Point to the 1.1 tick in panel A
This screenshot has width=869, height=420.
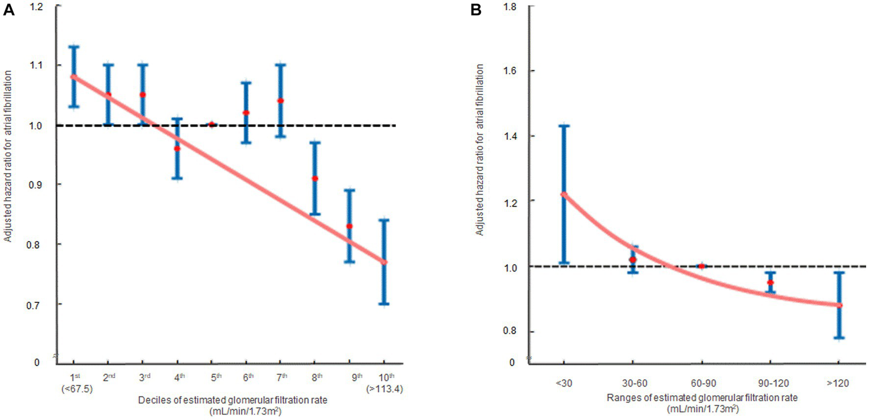[x=38, y=65]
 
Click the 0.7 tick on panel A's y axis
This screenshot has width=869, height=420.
[x=38, y=304]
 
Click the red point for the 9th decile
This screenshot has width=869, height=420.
[x=350, y=226]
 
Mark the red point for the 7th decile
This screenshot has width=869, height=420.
[x=280, y=101]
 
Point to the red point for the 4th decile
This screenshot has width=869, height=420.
[x=177, y=149]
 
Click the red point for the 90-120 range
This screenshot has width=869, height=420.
[x=770, y=282]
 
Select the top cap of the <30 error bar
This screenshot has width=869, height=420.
[x=564, y=126]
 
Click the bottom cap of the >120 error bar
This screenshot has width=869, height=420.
[x=839, y=338]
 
